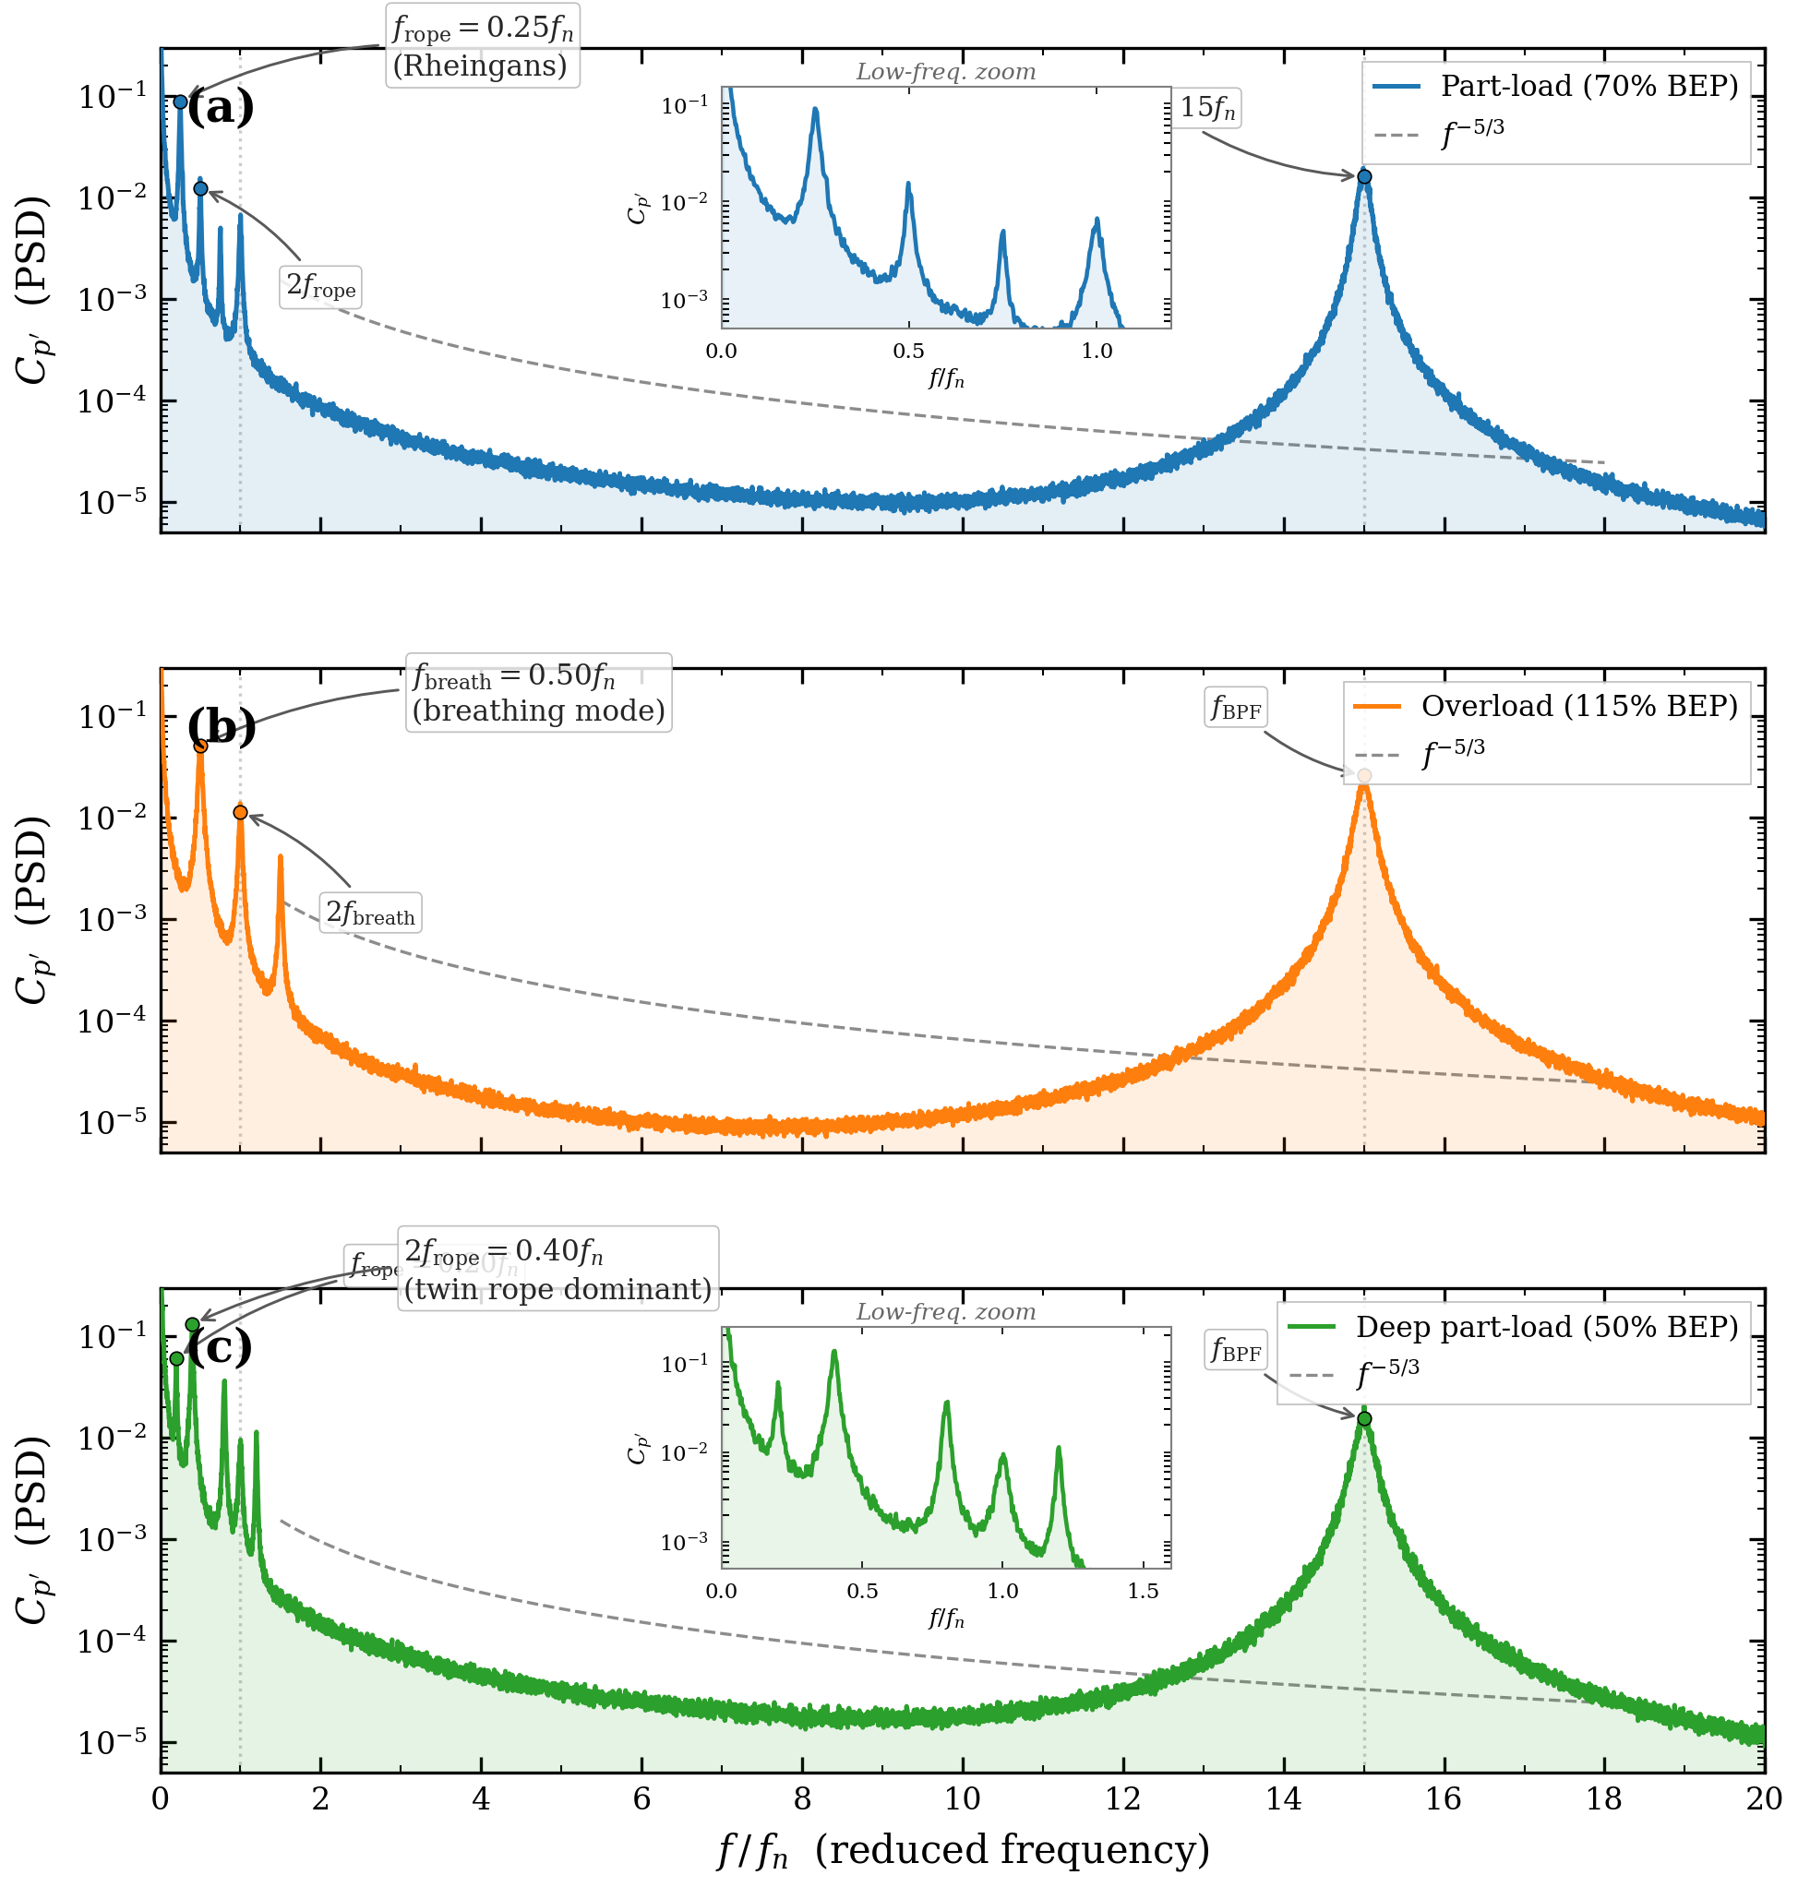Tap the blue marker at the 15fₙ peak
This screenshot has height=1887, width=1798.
(x=1364, y=176)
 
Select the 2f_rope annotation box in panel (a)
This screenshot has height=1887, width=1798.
(x=320, y=287)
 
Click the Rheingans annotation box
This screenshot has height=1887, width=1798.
(x=482, y=46)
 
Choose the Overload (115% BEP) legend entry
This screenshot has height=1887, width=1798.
(x=1545, y=706)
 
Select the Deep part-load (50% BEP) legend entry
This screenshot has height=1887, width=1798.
(x=1513, y=1326)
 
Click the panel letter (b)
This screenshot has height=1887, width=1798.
(x=222, y=725)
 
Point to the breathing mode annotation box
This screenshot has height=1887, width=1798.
(x=538, y=692)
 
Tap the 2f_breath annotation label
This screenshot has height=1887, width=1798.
(x=370, y=913)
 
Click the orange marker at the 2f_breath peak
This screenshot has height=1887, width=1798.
(x=241, y=812)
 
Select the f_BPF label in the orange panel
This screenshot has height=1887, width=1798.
(x=1235, y=710)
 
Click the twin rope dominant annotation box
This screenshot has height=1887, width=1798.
(x=557, y=1269)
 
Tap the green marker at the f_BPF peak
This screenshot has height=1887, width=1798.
(x=1364, y=1417)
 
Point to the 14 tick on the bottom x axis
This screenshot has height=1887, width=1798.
(x=1283, y=1797)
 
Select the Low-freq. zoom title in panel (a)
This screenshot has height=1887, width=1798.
(x=945, y=72)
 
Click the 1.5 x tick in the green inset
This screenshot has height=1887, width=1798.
(x=1143, y=1592)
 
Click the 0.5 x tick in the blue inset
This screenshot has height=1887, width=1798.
(x=908, y=352)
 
